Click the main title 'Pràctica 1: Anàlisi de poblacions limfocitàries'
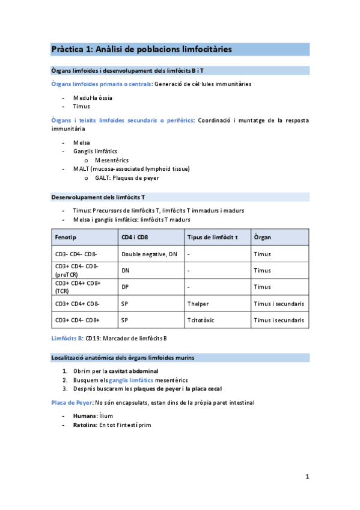(141, 49)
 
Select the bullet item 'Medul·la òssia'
(93, 97)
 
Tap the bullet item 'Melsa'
(82, 143)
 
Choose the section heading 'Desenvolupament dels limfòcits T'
(98, 197)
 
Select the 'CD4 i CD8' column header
(135, 237)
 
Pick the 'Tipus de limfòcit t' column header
(212, 237)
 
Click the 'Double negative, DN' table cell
(149, 254)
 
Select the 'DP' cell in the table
(125, 287)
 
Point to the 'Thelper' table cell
(198, 304)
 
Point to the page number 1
(307, 477)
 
